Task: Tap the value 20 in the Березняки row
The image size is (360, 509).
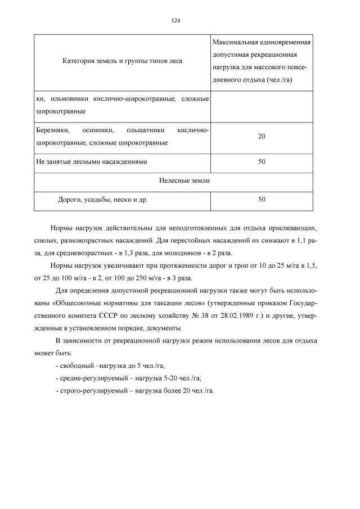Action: [262, 137]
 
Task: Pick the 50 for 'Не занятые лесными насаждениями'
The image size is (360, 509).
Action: [262, 161]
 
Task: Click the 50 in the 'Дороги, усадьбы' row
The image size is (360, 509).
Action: [262, 199]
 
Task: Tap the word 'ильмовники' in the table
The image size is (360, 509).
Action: [69, 99]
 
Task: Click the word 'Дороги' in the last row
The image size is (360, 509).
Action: [69, 199]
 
